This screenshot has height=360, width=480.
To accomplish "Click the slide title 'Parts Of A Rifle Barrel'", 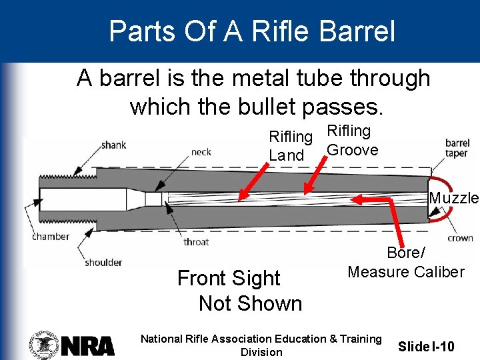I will [x=252, y=31].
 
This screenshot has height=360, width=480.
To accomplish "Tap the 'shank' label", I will [x=113, y=145].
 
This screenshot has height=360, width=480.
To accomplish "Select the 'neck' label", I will [x=201, y=152].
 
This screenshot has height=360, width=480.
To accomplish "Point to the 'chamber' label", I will [x=51, y=236].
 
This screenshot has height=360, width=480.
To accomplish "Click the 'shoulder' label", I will [x=103, y=262].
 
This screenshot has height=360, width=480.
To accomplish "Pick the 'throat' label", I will [x=196, y=241].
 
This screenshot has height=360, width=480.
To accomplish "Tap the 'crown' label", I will [x=460, y=237].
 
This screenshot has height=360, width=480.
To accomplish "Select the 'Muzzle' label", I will [x=454, y=198].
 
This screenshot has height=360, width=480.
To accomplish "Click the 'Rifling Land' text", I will [x=290, y=146].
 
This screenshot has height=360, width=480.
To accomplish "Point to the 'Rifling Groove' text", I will [x=351, y=141].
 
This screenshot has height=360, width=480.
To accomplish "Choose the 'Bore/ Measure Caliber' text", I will [x=405, y=263].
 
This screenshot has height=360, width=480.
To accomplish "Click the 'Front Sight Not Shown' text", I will [x=239, y=291].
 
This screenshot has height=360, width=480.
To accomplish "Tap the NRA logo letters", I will [x=88, y=345].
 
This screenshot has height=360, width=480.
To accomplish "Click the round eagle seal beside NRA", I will [x=44, y=345].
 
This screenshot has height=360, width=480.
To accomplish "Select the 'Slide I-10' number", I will [x=426, y=346].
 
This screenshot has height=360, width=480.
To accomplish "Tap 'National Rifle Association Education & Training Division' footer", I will [x=261, y=345].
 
